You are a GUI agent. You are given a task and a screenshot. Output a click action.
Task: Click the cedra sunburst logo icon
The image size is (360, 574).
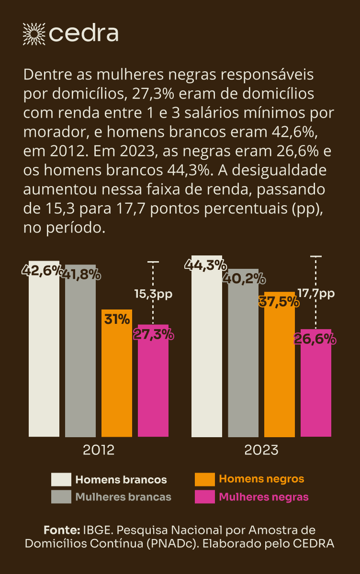pyautogui.click(x=34, y=33)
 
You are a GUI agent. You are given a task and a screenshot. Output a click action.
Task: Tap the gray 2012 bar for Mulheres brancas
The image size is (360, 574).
pyautogui.click(x=80, y=359)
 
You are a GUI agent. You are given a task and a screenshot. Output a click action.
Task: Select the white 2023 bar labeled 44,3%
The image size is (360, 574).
pyautogui.click(x=207, y=354)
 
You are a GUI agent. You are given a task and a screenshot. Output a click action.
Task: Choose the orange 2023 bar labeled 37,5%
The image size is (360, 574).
pyautogui.click(x=280, y=373)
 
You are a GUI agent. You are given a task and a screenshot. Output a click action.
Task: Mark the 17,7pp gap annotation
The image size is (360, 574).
pyautogui.click(x=316, y=294)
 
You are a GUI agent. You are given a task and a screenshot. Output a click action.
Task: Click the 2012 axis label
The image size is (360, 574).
pyautogui.click(x=99, y=450)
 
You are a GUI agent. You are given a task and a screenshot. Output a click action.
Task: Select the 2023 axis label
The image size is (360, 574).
pyautogui.click(x=261, y=450)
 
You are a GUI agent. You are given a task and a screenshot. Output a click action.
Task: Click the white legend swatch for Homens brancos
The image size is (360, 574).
pyautogui.click(x=61, y=479)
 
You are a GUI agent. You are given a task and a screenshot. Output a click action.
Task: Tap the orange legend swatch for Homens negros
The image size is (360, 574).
pyautogui.click(x=204, y=479)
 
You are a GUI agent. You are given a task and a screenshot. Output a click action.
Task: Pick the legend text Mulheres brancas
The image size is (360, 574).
pyautogui.click(x=123, y=497)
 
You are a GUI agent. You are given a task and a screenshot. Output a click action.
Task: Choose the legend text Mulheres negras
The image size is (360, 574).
pyautogui.click(x=264, y=497)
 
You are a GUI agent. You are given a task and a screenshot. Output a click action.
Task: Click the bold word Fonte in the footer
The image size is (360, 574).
pyautogui.click(x=61, y=530)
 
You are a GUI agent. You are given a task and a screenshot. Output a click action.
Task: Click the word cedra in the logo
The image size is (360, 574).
pyautogui.click(x=84, y=33)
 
